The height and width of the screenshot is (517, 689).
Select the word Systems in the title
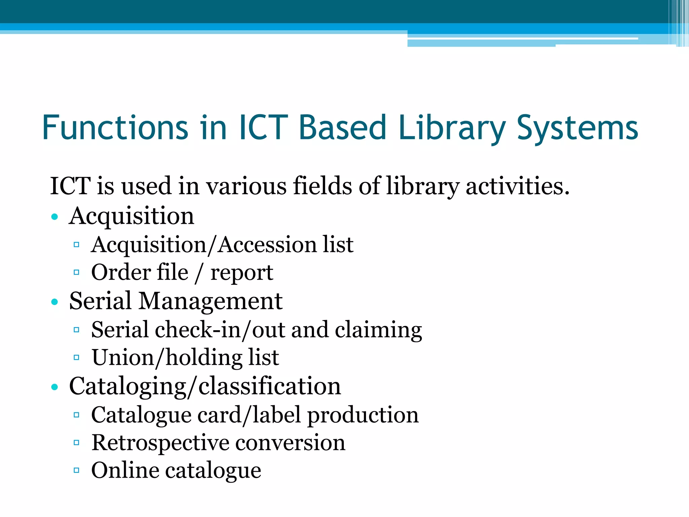point(577,128)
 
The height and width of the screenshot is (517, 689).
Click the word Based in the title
point(342,128)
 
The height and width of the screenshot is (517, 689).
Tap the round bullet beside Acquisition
point(55,216)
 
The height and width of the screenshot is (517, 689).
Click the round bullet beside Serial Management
point(55,302)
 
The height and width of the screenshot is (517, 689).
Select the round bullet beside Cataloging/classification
point(55,387)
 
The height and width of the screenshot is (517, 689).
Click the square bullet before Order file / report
point(76,272)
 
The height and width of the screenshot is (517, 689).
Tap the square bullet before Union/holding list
point(76,357)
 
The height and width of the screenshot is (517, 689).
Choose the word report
point(242,273)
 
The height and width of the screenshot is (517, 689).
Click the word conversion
point(290,442)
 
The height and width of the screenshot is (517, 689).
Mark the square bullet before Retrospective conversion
point(76,442)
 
